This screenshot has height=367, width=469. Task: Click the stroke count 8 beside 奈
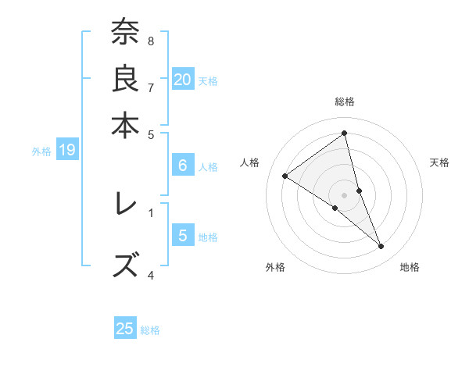(x=151, y=41)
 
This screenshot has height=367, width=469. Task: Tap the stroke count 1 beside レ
(x=151, y=211)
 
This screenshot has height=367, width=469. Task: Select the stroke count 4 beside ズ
(x=151, y=274)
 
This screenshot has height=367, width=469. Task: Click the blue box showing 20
(x=182, y=79)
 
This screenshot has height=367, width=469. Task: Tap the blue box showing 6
(x=182, y=166)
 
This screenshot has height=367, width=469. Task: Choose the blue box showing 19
(x=66, y=151)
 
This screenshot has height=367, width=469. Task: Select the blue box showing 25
(x=125, y=329)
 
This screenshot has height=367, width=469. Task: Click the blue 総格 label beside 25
(x=150, y=330)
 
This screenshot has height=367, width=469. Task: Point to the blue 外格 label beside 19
(x=41, y=151)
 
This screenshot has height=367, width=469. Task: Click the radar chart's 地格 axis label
(x=410, y=268)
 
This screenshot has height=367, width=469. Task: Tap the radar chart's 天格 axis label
(x=439, y=163)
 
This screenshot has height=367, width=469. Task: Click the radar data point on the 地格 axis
(x=381, y=247)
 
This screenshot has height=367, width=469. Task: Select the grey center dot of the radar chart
(x=345, y=194)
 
